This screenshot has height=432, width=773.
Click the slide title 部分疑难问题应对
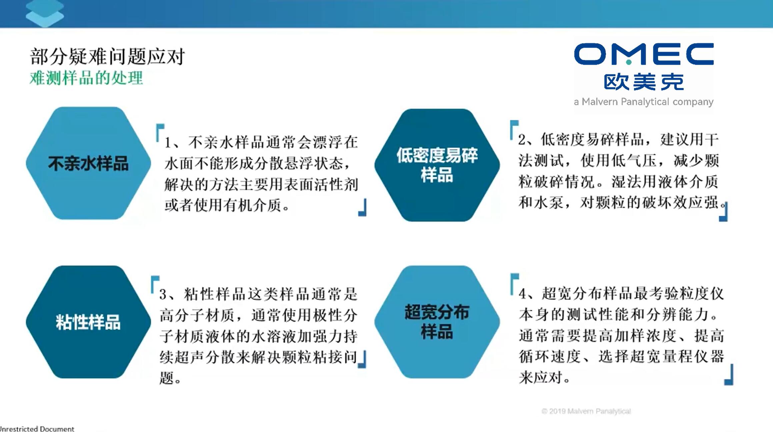107,56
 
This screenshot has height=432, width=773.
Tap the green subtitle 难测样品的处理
86,78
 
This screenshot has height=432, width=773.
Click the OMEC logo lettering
644,54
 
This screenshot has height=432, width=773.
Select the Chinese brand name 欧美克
644,82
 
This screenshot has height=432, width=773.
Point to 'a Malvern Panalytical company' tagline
644,102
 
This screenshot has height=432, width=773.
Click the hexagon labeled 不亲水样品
88,163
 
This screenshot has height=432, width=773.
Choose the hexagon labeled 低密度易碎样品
437,165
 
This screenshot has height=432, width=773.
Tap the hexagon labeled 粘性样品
88,322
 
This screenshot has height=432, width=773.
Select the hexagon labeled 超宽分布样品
437,322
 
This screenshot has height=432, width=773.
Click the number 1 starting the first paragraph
168,143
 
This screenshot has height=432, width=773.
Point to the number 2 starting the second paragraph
522,140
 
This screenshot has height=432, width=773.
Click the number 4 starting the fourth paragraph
523,294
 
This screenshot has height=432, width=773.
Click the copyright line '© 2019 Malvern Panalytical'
586,411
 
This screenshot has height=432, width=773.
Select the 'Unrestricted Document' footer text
37,429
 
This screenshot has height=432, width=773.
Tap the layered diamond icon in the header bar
45,13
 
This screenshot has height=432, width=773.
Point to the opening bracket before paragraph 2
514,130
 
